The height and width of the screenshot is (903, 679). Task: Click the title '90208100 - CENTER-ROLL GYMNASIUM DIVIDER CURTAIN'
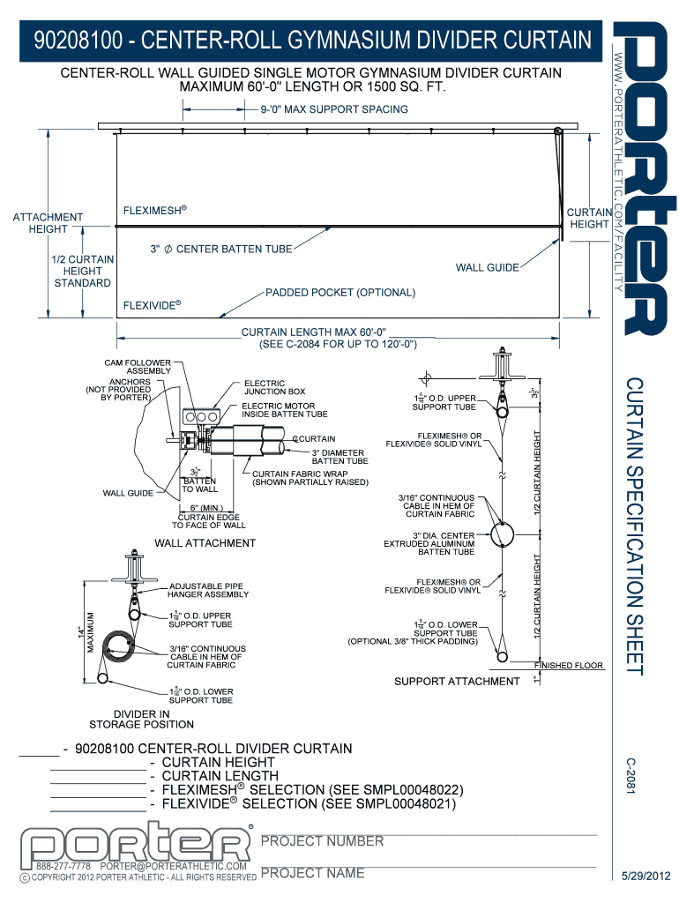pyautogui.click(x=311, y=41)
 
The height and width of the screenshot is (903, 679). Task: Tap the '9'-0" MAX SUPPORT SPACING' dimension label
pyautogui.click(x=333, y=109)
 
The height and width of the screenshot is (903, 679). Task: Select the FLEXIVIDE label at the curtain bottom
pyautogui.click(x=153, y=307)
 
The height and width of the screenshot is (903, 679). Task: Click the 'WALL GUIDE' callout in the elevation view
pyautogui.click(x=487, y=267)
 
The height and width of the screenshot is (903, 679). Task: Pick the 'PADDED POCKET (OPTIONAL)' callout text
pyautogui.click(x=340, y=292)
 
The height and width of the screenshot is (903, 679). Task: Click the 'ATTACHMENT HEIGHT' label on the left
pyautogui.click(x=48, y=222)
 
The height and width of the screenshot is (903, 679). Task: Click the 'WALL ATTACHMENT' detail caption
pyautogui.click(x=205, y=543)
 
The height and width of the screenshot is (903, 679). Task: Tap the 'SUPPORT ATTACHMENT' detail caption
pyautogui.click(x=456, y=681)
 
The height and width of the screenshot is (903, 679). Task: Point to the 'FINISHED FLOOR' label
pyautogui.click(x=569, y=666)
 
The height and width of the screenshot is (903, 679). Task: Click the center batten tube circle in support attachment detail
pyautogui.click(x=502, y=534)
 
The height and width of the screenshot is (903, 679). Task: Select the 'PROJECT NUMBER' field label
pyautogui.click(x=322, y=841)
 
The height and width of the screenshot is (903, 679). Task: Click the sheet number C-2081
pyautogui.click(x=630, y=776)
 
